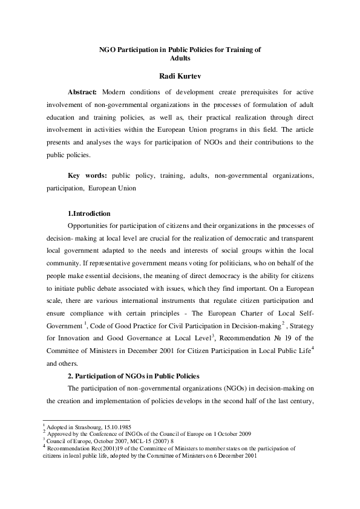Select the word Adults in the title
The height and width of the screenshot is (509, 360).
(x=180, y=59)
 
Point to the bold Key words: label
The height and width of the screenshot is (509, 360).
(x=87, y=175)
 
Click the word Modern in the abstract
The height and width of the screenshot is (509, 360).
(x=116, y=92)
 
